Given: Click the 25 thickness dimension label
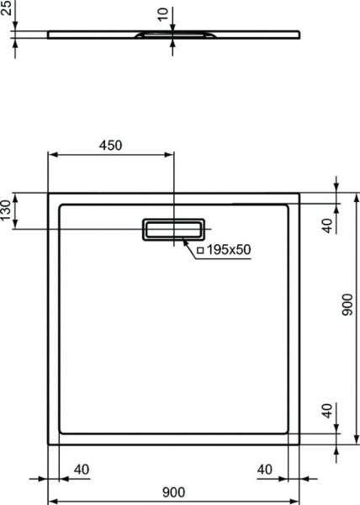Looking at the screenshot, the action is tap(6, 8).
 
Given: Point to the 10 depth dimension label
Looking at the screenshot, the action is tap(163, 14).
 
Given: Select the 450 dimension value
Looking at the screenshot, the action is tap(110, 146).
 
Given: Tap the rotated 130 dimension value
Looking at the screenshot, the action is tap(6, 210).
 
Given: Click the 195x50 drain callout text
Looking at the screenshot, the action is tap(228, 249).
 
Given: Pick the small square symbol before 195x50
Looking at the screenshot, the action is tap(200, 250).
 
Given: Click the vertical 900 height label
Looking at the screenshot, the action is tap(347, 305).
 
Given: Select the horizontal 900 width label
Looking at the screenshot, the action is tap(173, 492).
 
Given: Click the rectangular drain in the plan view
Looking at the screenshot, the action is tap(173, 229).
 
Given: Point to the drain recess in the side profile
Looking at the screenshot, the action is tap(174, 35).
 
